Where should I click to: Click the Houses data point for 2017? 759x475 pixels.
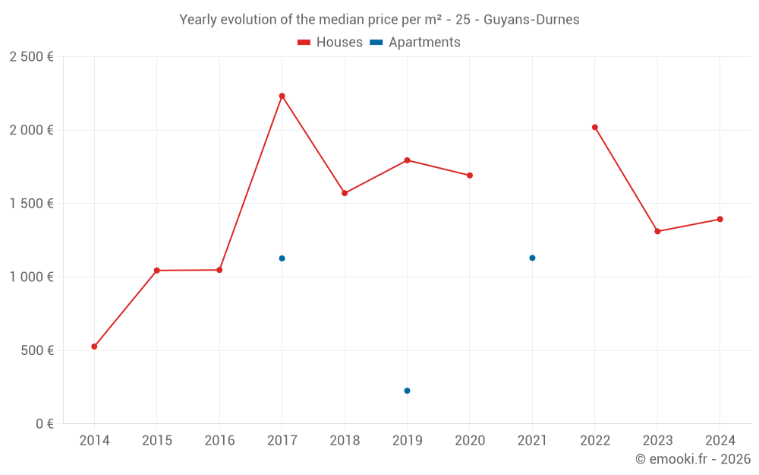[x=282, y=96]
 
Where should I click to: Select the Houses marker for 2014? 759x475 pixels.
[x=94, y=347]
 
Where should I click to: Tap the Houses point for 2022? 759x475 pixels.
[x=595, y=127]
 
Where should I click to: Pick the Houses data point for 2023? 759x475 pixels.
[x=657, y=231]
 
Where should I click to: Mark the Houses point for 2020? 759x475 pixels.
[x=470, y=176]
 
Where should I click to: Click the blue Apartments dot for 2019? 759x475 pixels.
[x=408, y=391]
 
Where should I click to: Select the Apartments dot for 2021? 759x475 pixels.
[x=532, y=258]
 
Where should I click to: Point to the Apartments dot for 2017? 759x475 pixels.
[x=282, y=258]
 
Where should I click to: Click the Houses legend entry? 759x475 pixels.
[x=330, y=43]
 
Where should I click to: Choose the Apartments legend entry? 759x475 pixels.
[x=415, y=43]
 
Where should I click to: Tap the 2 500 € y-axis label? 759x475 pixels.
[x=31, y=57]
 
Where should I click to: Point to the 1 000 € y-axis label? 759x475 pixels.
[x=31, y=277]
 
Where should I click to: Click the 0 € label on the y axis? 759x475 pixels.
[x=43, y=424]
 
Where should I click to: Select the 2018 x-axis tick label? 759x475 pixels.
[x=345, y=441]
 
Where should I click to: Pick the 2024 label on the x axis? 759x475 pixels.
[x=720, y=441]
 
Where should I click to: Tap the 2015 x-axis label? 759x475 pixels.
[x=157, y=441]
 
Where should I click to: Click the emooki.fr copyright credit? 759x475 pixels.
[x=692, y=459]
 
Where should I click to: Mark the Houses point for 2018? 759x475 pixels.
[x=345, y=193]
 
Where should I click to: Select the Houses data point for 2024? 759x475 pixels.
[x=720, y=219]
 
